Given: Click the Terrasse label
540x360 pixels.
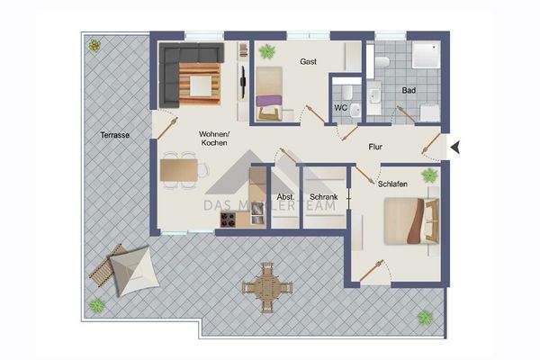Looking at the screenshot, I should pyautogui.click(x=114, y=135).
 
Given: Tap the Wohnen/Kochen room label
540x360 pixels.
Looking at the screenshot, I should pyautogui.click(x=214, y=138).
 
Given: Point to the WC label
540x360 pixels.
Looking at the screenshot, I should pyautogui.click(x=340, y=108).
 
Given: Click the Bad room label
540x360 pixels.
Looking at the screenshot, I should pyautogui.click(x=409, y=91).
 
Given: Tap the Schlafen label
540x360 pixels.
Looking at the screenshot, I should pyautogui.click(x=393, y=184).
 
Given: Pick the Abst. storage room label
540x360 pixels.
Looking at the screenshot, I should pyautogui.click(x=285, y=196).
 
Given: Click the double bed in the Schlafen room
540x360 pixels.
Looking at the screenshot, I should pyautogui.click(x=410, y=220).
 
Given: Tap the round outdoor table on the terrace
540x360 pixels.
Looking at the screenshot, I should pyautogui.click(x=267, y=287).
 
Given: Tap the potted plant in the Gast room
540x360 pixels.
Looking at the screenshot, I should pyautogui.click(x=266, y=52).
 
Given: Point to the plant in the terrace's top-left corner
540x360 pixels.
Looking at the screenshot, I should pyautogui.click(x=93, y=44).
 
